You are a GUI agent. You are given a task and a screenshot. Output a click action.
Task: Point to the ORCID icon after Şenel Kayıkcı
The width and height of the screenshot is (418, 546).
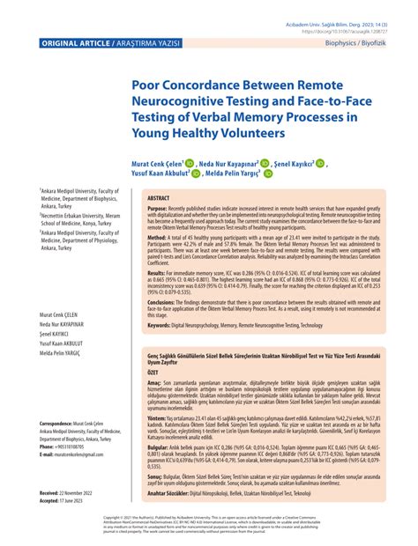click(x=345, y=163)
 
